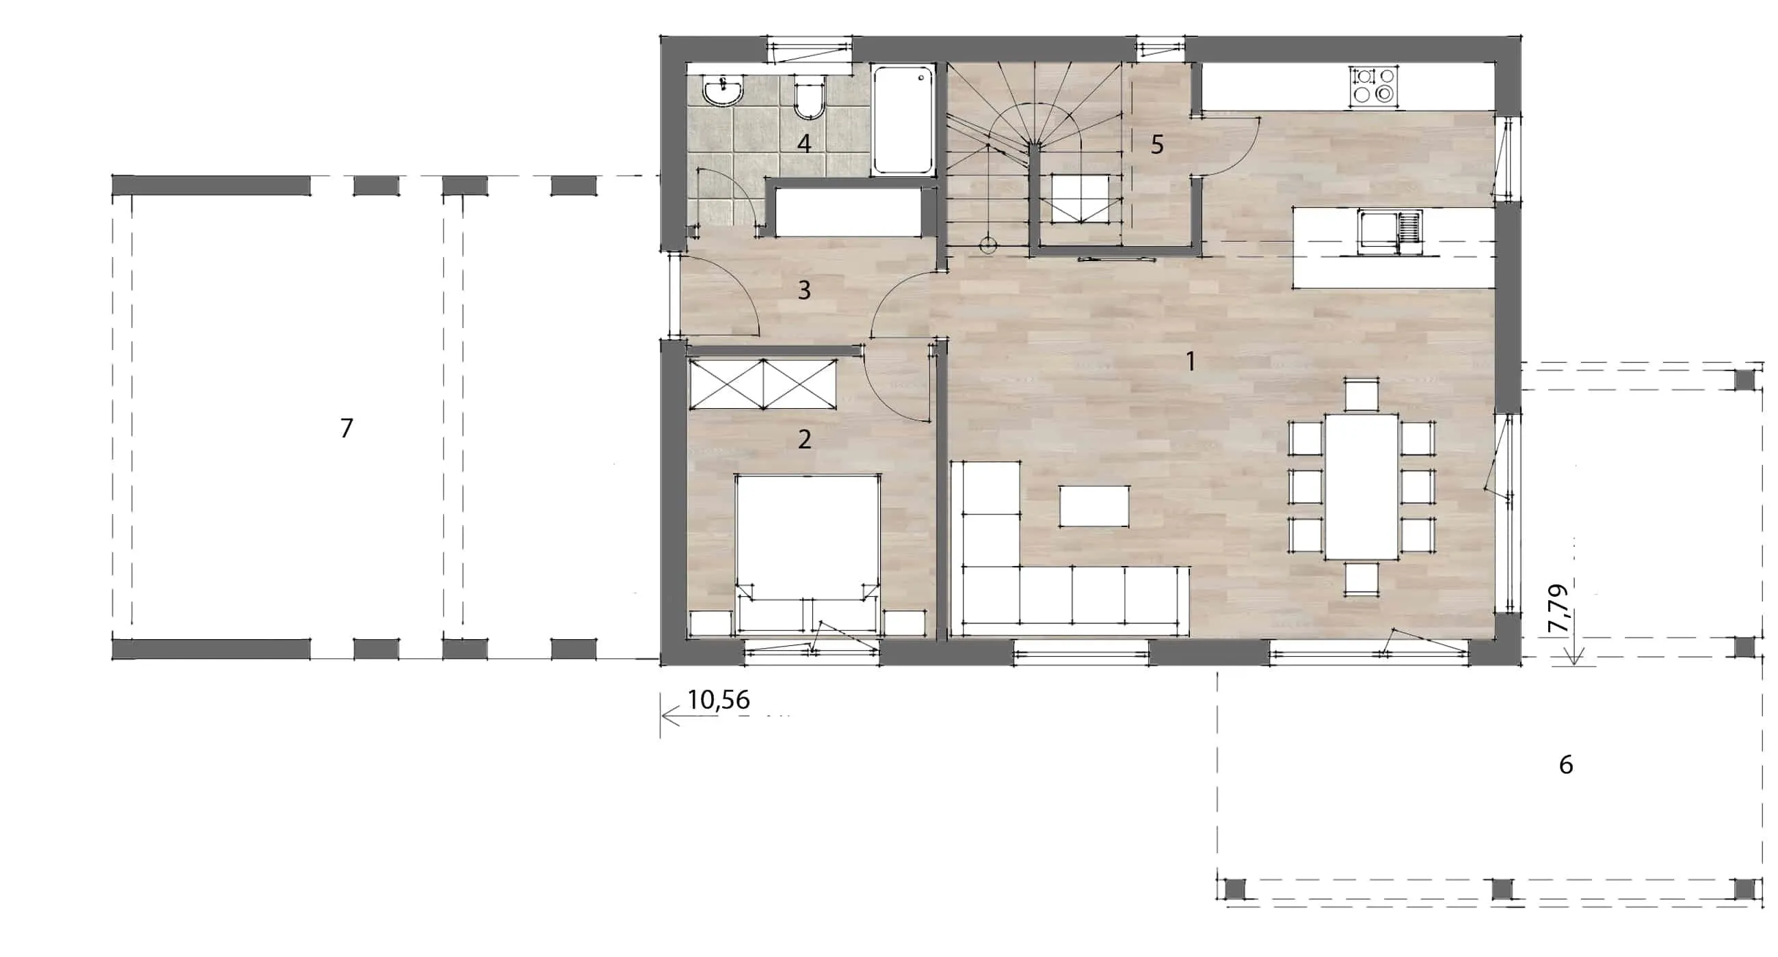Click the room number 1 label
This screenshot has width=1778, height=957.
click(1190, 361)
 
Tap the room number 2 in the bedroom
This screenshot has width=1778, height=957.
click(804, 440)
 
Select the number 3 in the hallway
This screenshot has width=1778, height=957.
click(804, 291)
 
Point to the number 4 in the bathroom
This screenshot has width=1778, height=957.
click(804, 144)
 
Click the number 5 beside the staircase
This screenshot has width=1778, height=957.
click(1158, 145)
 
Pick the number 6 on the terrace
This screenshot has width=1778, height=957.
click(1566, 764)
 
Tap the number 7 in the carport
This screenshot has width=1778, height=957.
click(347, 429)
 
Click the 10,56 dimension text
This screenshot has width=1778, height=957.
click(719, 701)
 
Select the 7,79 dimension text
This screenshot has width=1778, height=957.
click(1558, 608)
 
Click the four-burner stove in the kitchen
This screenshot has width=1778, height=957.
click(1374, 85)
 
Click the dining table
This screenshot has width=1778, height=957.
click(1362, 487)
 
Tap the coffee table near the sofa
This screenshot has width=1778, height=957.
click(1095, 506)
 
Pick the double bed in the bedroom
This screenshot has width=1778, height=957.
click(808, 554)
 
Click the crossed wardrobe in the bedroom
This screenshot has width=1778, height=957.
click(763, 383)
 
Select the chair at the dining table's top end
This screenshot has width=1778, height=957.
click(1362, 394)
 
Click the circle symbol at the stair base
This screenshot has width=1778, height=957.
click(988, 245)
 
